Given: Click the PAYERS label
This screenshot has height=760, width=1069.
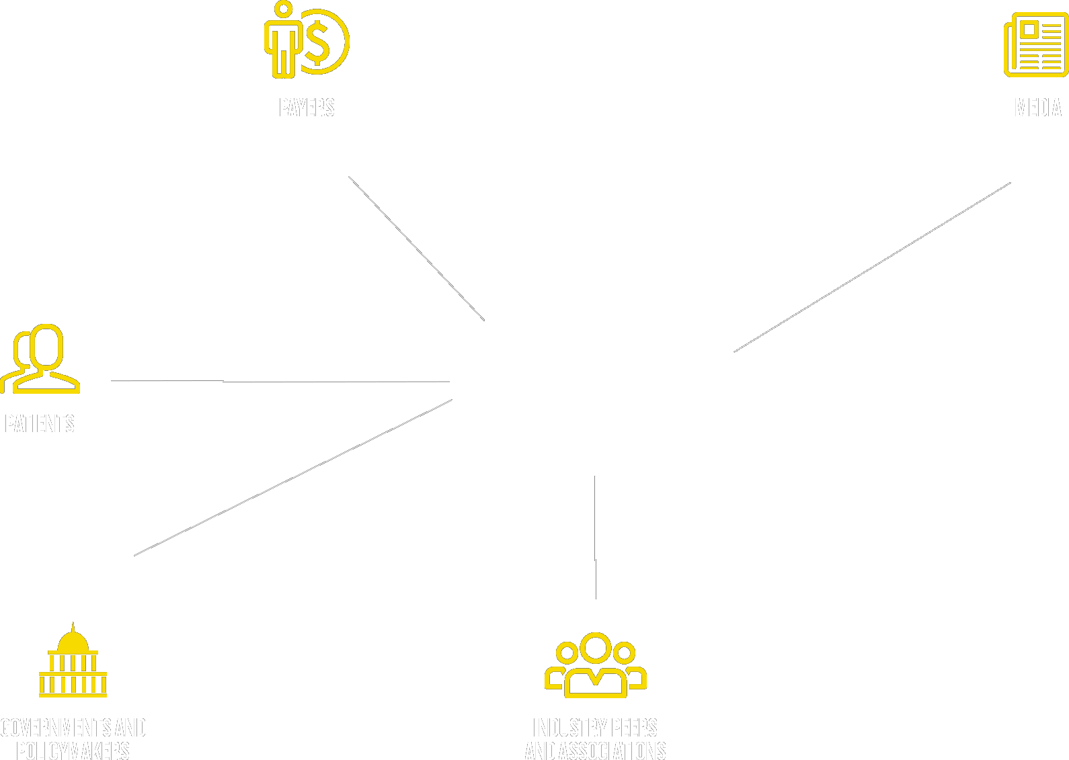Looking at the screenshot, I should pyautogui.click(x=307, y=108).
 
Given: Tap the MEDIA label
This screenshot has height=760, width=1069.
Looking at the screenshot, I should pyautogui.click(x=1038, y=108).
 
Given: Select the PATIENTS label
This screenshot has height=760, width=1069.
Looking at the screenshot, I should pyautogui.click(x=39, y=423).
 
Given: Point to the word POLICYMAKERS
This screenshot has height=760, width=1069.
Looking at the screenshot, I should pyautogui.click(x=73, y=751).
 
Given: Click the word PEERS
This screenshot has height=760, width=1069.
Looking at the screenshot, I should pyautogui.click(x=635, y=728).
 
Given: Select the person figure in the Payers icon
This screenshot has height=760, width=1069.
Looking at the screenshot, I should pyautogui.click(x=284, y=40).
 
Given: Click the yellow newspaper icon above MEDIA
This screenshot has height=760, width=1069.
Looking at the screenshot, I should pyautogui.click(x=1035, y=44).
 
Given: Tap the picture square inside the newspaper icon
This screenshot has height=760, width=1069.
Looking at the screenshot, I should pyautogui.click(x=1028, y=30).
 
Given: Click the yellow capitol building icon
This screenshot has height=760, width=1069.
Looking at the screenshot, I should pyautogui.click(x=73, y=662).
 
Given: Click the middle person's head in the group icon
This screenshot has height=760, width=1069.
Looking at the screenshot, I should pyautogui.click(x=596, y=646).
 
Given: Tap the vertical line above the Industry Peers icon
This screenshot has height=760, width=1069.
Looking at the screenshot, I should pyautogui.click(x=595, y=538).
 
